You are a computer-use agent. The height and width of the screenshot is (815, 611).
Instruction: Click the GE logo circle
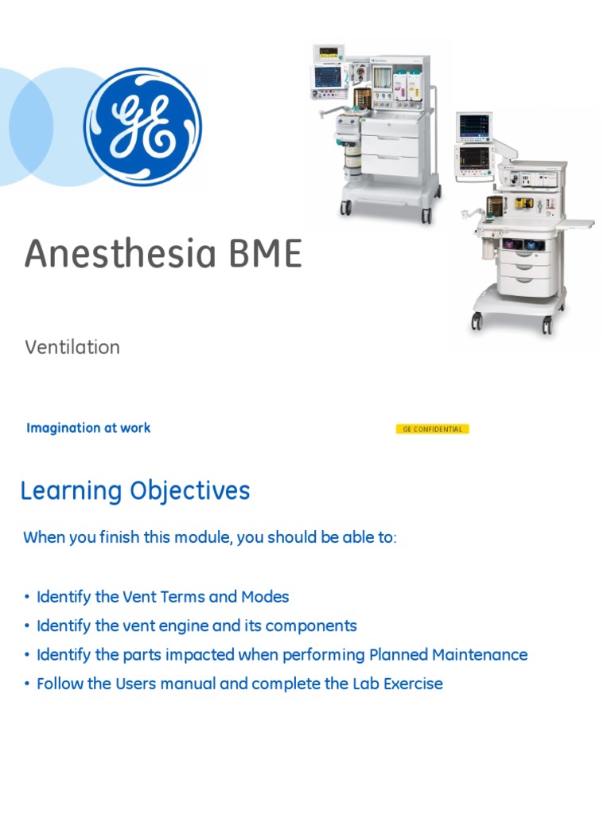pyautogui.click(x=142, y=127)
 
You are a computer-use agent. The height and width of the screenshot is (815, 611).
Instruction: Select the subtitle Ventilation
pyautogui.click(x=72, y=347)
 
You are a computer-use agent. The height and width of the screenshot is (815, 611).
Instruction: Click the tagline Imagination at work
pyautogui.click(x=88, y=427)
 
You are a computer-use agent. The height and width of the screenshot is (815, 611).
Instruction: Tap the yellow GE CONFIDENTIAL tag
pyautogui.click(x=432, y=429)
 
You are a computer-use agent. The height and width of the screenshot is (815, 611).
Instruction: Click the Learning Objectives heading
pyautogui.click(x=135, y=490)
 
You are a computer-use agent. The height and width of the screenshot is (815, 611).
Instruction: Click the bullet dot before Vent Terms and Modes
pyautogui.click(x=26, y=598)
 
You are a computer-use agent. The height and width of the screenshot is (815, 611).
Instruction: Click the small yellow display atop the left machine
pyautogui.click(x=327, y=54)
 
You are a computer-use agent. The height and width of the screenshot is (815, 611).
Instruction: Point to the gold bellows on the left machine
pyautogui.click(x=363, y=99)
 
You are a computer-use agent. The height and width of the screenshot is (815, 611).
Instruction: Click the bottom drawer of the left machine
pyautogui.click(x=390, y=166)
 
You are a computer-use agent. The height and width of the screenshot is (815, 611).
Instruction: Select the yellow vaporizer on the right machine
pyautogui.click(x=523, y=204)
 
